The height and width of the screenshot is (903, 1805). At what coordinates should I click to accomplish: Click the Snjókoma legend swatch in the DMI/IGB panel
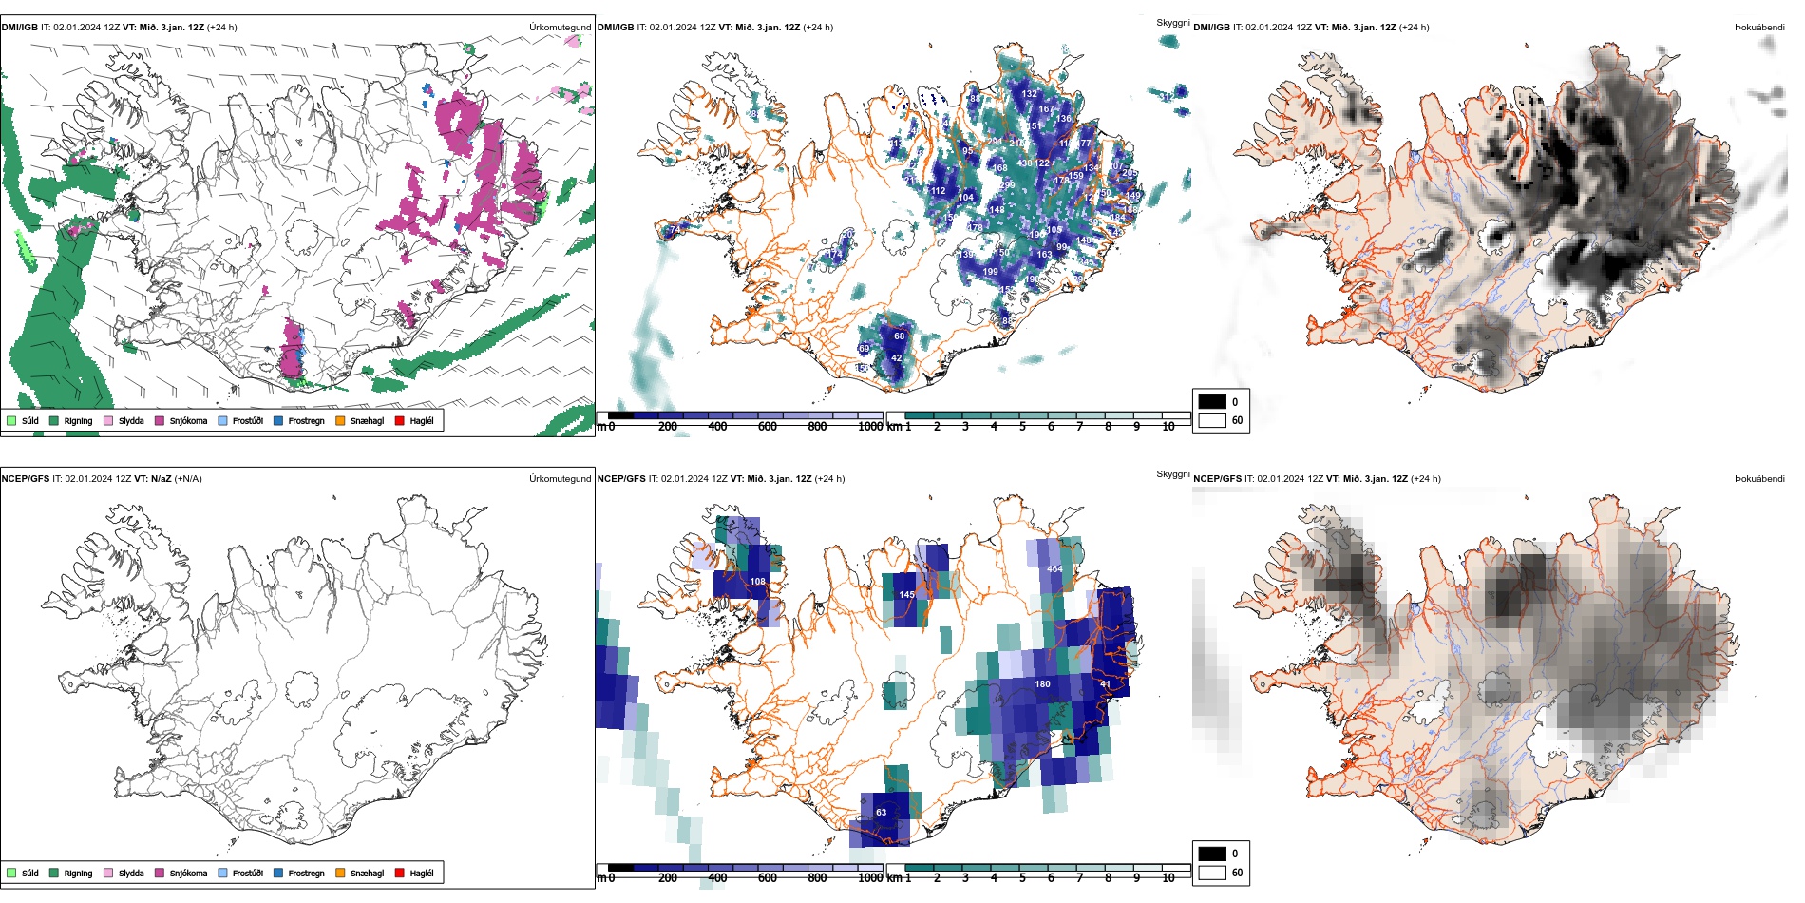pyautogui.click(x=160, y=420)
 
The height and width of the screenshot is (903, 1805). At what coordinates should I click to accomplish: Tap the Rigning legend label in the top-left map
pyautogui.click(x=78, y=420)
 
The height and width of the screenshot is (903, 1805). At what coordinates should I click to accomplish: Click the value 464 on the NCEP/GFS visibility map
pyautogui.click(x=1054, y=569)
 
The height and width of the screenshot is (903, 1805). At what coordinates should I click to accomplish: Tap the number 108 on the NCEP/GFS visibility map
pyautogui.click(x=757, y=581)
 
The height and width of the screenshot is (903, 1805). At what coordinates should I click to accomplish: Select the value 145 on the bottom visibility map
pyautogui.click(x=906, y=595)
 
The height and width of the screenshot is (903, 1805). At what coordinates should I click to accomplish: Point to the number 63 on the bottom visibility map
pyautogui.click(x=881, y=812)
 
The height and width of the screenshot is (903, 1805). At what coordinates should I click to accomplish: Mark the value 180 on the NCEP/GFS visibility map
pyautogui.click(x=1042, y=683)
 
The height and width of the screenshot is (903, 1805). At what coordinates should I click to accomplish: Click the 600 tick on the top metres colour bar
pyautogui.click(x=768, y=427)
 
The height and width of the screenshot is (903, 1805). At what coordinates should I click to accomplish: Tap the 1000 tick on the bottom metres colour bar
pyautogui.click(x=870, y=878)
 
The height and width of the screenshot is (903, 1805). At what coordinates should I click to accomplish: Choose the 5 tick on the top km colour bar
pyautogui.click(x=1022, y=427)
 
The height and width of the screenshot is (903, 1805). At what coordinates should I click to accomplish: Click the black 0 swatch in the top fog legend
pyautogui.click(x=1212, y=401)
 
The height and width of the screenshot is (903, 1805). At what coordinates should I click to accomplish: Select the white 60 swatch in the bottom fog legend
pyautogui.click(x=1212, y=872)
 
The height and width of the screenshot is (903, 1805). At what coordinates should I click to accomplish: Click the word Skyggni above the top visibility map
pyautogui.click(x=1172, y=22)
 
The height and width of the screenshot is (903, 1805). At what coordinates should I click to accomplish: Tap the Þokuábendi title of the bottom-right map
pyautogui.click(x=1759, y=479)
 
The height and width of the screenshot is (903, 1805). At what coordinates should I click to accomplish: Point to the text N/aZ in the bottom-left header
pyautogui.click(x=161, y=479)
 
